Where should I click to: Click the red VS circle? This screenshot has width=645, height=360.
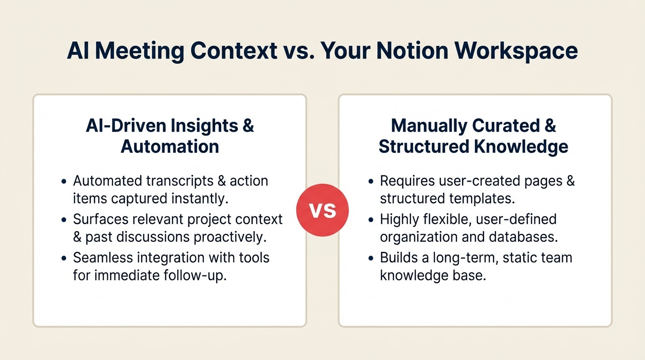(322, 210)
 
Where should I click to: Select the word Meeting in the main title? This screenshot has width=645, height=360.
(139, 51)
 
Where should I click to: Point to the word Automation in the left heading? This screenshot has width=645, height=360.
(170, 146)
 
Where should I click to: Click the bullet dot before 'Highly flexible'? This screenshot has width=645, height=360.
(371, 219)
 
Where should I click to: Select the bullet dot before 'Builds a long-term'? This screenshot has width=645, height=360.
(371, 258)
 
